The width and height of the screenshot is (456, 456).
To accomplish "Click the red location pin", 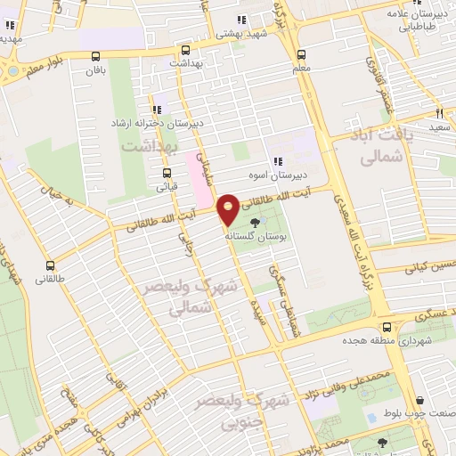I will click(229, 209).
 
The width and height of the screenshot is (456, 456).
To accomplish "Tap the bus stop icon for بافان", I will click(95, 55).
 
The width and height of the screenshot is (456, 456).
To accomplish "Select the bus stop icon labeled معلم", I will click(301, 53).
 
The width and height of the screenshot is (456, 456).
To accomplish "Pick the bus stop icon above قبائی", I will click(166, 174).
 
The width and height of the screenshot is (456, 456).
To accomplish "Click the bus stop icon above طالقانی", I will click(49, 265).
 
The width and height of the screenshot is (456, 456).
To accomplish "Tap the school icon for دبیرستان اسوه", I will click(278, 161).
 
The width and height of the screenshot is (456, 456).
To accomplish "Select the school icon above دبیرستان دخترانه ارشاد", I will click(158, 110).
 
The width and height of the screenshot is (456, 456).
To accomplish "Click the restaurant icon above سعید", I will click(439, 113).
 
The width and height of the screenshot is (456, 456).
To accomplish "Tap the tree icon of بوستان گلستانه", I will click(256, 223).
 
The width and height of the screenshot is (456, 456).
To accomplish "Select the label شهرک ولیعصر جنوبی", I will click(259, 409).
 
